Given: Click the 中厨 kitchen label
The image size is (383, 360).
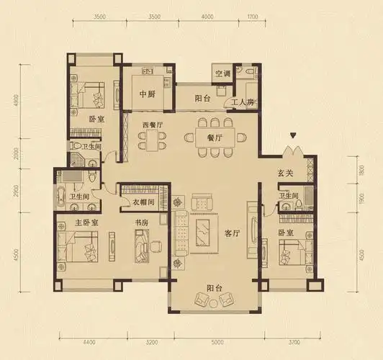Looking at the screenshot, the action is click(x=148, y=94).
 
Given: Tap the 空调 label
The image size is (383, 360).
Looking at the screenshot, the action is click(x=222, y=73).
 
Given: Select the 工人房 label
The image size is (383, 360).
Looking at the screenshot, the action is click(x=243, y=102).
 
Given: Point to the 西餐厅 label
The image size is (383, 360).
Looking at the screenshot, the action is click(x=153, y=125).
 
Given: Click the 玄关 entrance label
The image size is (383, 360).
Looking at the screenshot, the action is click(x=285, y=174).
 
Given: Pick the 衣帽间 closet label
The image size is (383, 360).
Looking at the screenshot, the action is click(x=143, y=202).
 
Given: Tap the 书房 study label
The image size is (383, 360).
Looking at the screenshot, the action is click(x=142, y=222).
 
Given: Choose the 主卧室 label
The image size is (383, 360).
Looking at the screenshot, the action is click(x=86, y=222).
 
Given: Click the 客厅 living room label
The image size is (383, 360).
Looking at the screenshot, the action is click(x=232, y=233).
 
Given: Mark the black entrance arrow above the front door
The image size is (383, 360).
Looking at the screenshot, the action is click(x=293, y=135).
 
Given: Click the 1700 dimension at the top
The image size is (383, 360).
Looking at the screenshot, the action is click(x=253, y=17).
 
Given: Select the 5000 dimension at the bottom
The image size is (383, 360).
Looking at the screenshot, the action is click(x=217, y=342).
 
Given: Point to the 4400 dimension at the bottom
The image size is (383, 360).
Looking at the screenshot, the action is click(x=89, y=342).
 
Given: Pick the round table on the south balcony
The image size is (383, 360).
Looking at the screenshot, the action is click(x=214, y=304).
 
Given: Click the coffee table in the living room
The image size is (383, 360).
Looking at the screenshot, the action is click(x=202, y=232).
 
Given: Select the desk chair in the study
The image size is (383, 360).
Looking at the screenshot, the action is click(x=155, y=246).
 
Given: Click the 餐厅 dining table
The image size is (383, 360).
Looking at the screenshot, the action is click(x=215, y=138).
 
